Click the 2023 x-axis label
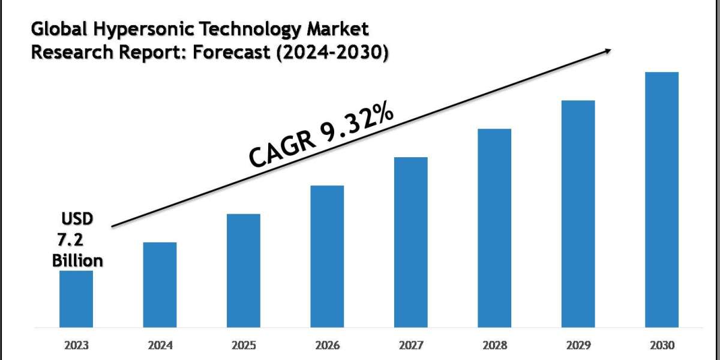coord(76,346)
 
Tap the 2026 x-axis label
coord(327,346)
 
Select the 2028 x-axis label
coord(494,346)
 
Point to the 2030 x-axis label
coord(661,346)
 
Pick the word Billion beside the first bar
coord(77,261)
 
